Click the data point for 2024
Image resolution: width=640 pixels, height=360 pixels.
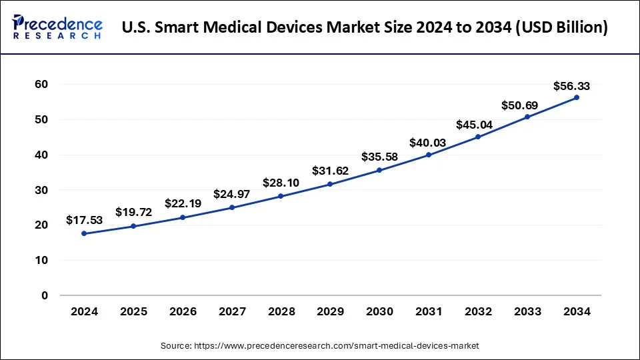click(x=84, y=233)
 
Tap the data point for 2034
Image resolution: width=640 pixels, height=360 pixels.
click(x=577, y=97)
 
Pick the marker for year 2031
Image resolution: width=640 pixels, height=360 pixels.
click(x=429, y=155)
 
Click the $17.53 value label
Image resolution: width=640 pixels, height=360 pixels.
click(x=84, y=219)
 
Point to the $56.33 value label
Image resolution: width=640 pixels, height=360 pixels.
click(x=571, y=86)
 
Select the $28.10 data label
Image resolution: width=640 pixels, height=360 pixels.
click(x=281, y=182)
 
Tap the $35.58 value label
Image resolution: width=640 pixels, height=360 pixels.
click(x=379, y=157)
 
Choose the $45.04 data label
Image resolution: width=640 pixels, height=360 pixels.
click(x=474, y=124)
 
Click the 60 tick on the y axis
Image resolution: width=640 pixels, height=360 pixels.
click(x=41, y=85)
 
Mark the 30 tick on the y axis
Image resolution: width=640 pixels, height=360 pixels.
click(x=41, y=190)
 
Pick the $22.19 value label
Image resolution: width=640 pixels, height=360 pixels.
click(x=182, y=203)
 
